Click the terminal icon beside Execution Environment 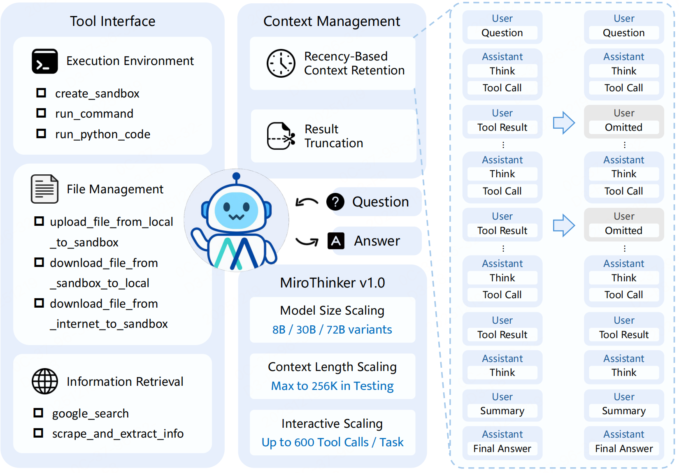(x=44, y=61)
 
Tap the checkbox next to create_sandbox (x=41, y=93)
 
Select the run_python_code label (x=102, y=134)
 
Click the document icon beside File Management (x=44, y=189)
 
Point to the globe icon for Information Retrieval (x=45, y=381)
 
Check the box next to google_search (x=38, y=413)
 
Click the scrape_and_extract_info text (x=118, y=434)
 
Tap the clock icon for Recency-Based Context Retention (x=281, y=63)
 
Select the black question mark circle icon (x=335, y=202)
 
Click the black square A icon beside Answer (x=336, y=241)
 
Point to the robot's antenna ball (x=236, y=177)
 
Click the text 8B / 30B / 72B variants (x=332, y=329)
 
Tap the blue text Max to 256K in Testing (x=332, y=386)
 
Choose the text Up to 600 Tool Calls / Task (x=332, y=442)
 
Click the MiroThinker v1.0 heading (x=332, y=283)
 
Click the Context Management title (x=331, y=21)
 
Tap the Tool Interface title (x=112, y=21)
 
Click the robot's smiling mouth (x=236, y=217)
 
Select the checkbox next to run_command (x=41, y=113)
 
